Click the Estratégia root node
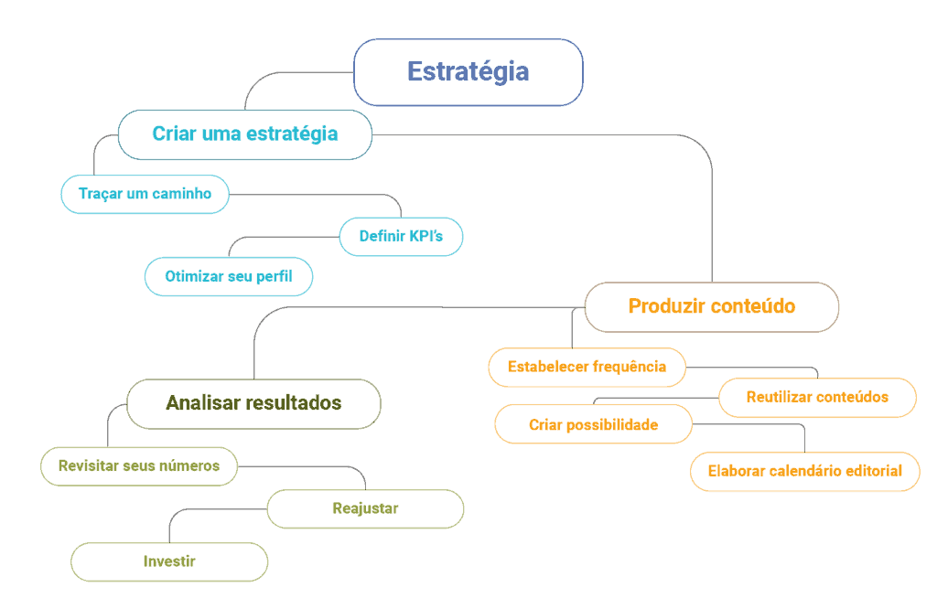(x=468, y=72)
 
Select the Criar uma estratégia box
(x=245, y=134)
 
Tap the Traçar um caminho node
(x=145, y=194)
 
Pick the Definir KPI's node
(x=401, y=237)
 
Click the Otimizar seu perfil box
(x=229, y=277)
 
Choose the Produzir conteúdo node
(x=711, y=306)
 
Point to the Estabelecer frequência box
(x=587, y=367)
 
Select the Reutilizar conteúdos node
(x=817, y=398)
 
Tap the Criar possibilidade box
(x=593, y=424)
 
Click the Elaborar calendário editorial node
(x=804, y=472)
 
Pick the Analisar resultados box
(x=253, y=403)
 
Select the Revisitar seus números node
(x=138, y=466)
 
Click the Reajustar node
(x=365, y=508)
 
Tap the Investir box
(x=169, y=561)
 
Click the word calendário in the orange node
(x=808, y=472)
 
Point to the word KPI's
(x=425, y=237)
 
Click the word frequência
(x=630, y=367)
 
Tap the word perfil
(x=275, y=277)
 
